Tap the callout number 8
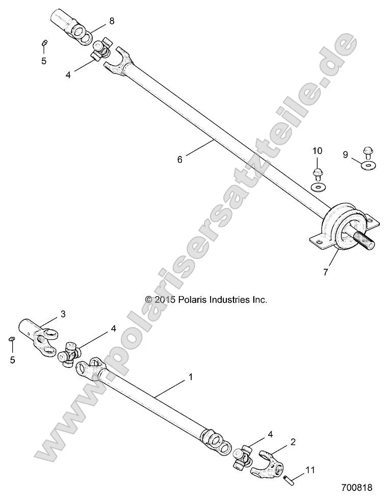(x=112, y=21)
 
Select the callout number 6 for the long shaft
(x=179, y=159)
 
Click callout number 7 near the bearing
(x=325, y=272)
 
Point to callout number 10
(x=318, y=151)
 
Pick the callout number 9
(x=345, y=154)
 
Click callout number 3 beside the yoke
(x=63, y=314)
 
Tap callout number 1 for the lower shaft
(x=191, y=378)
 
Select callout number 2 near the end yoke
(x=293, y=441)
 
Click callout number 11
(x=310, y=470)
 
